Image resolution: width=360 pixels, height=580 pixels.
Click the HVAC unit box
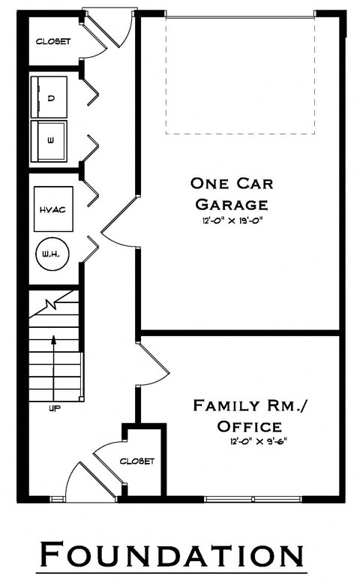[52, 209]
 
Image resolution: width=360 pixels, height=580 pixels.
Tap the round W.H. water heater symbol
[52, 255]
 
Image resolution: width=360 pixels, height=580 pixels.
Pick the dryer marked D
[49, 98]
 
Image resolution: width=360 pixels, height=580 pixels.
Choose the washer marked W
[49, 140]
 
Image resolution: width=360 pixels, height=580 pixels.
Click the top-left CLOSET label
[52, 42]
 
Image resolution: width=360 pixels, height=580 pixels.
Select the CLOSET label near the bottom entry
[137, 461]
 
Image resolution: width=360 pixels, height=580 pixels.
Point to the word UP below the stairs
[54, 409]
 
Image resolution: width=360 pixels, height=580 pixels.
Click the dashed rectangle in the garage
[240, 75]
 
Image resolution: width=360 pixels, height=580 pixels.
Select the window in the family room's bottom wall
[253, 498]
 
